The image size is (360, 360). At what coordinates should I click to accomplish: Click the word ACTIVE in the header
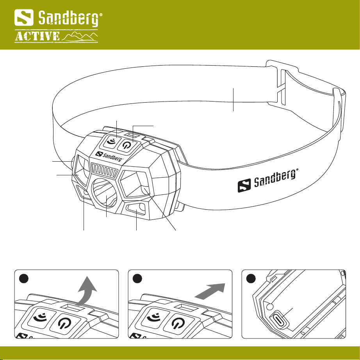[x=37, y=37]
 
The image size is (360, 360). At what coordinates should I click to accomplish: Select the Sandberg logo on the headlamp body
[x=110, y=156]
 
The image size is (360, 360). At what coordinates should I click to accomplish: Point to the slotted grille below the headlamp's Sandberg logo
[x=104, y=171]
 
